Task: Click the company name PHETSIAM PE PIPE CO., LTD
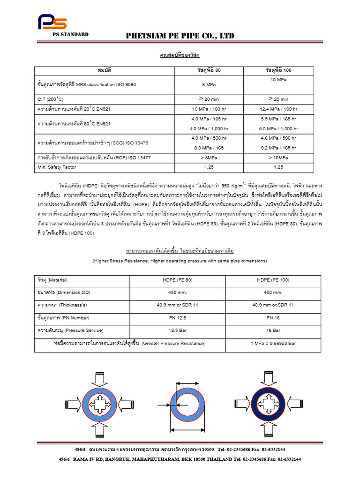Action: pos(180,36)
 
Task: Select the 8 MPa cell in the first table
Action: pos(209,85)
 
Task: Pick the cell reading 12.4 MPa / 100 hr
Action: pos(278,109)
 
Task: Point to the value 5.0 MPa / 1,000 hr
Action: pos(278,128)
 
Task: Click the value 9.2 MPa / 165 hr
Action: pos(278,148)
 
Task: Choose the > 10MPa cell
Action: pos(278,157)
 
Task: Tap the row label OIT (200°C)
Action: pos(51,99)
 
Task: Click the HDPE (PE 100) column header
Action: pos(273,280)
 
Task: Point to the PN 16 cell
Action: pos(273,317)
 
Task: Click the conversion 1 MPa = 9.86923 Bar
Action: pos(273,343)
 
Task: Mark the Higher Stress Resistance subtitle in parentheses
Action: pos(180,261)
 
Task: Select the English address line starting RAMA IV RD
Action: pos(180,459)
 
